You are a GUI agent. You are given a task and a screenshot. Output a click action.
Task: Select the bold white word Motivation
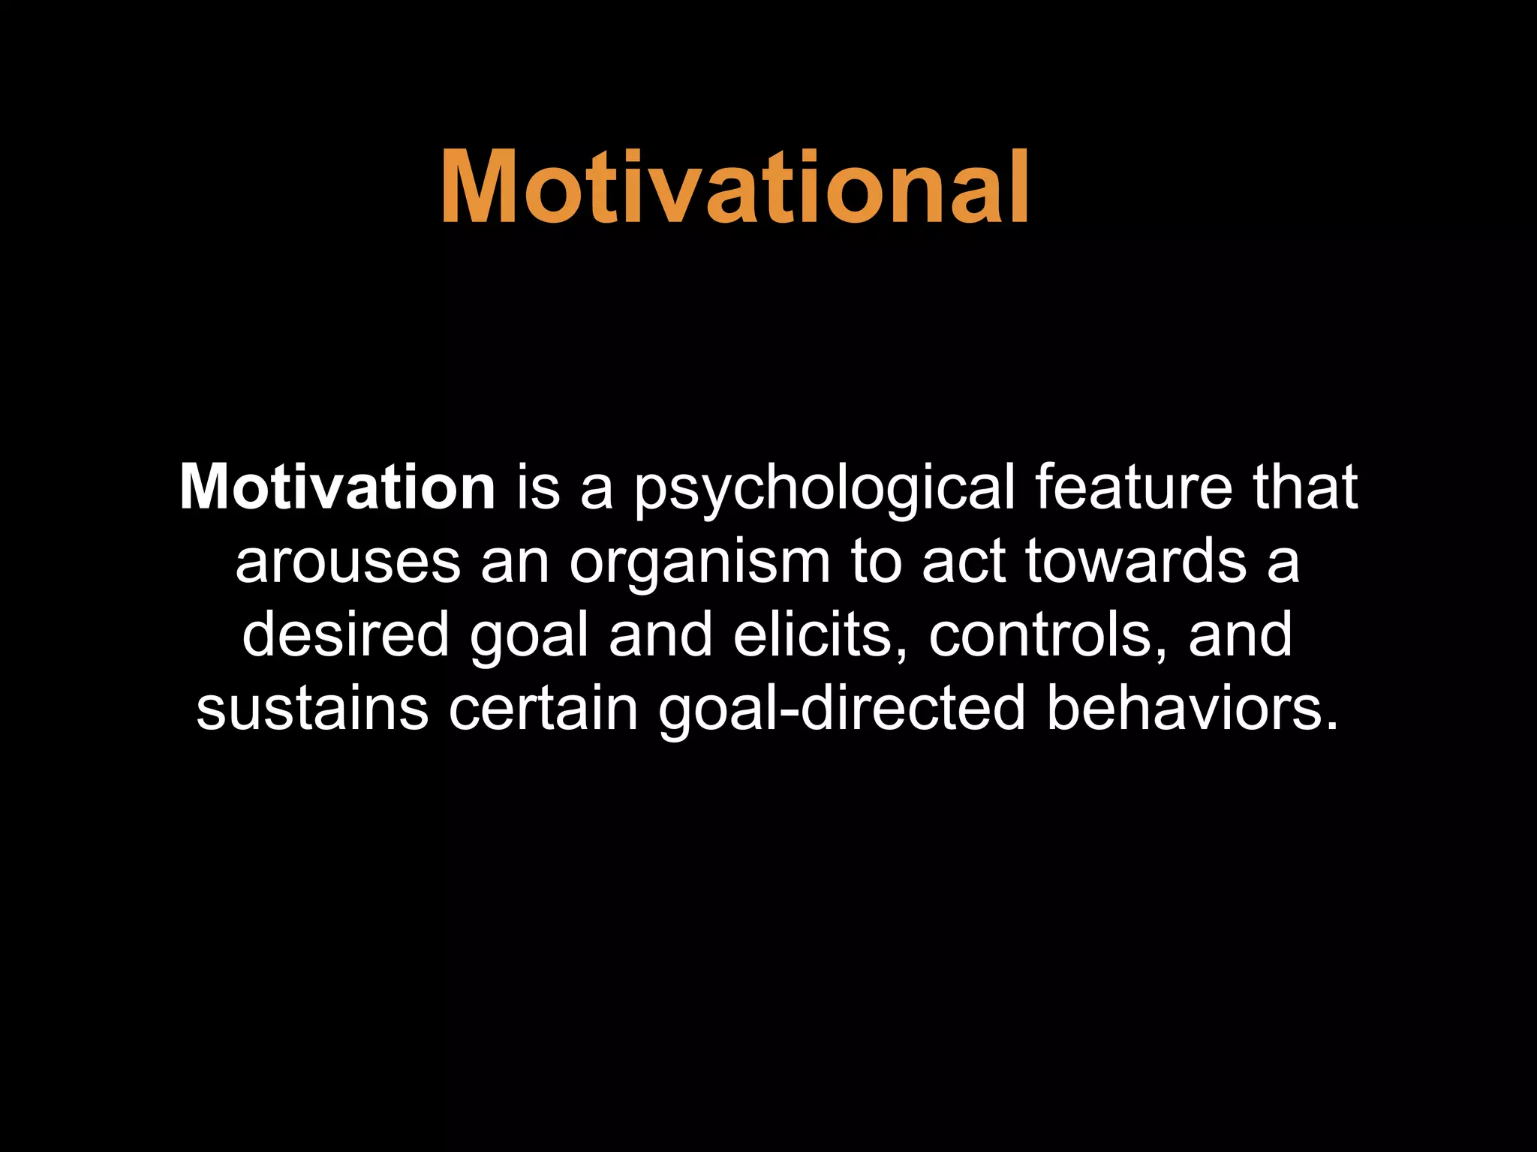pyautogui.click(x=337, y=487)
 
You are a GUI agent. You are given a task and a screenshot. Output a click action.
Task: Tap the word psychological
pyautogui.click(x=823, y=489)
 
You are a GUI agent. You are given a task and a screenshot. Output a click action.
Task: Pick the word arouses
pyautogui.click(x=347, y=562)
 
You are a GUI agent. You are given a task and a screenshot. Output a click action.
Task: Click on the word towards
pyautogui.click(x=1135, y=562)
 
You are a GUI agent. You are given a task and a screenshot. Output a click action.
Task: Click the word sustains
pyautogui.click(x=312, y=709)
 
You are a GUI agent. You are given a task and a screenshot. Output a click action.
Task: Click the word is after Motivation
pyautogui.click(x=537, y=487)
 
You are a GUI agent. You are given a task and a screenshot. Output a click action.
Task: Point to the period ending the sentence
pyautogui.click(x=1332, y=726)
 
